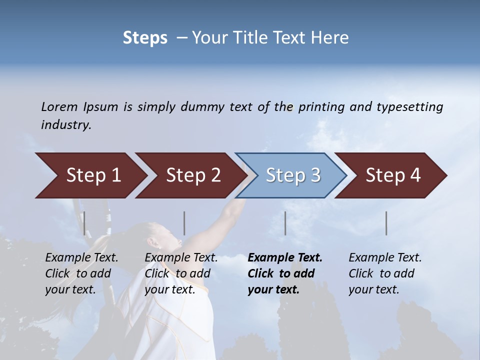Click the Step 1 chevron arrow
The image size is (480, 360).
point(92,175)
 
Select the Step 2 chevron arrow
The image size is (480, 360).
point(192,175)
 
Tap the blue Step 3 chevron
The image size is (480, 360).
point(292,175)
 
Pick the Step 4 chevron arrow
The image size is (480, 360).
point(392,175)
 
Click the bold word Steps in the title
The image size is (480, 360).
point(145,38)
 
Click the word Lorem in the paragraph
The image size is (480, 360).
point(59,106)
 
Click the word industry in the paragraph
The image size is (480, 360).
point(65,125)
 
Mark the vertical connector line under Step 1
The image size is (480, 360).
point(84,223)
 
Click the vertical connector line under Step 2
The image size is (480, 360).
point(184,223)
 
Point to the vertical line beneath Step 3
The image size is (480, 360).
point(285,223)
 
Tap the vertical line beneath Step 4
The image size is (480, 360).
point(386,223)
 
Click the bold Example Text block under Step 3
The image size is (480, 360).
point(284,273)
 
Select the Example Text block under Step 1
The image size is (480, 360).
point(81,273)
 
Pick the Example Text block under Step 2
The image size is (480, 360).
point(180,273)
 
